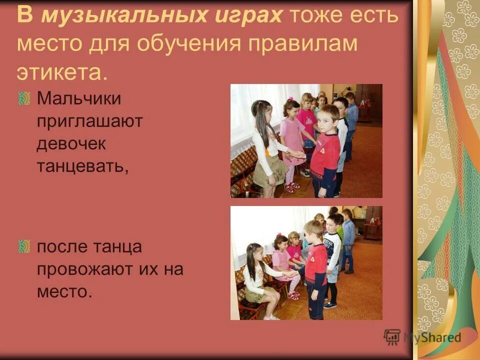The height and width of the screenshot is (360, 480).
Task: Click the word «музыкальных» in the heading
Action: click(117, 16)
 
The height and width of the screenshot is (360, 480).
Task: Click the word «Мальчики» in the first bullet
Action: click(78, 98)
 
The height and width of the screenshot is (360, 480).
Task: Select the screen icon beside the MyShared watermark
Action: click(392, 337)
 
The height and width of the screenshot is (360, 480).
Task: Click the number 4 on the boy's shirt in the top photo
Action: click(323, 150)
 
